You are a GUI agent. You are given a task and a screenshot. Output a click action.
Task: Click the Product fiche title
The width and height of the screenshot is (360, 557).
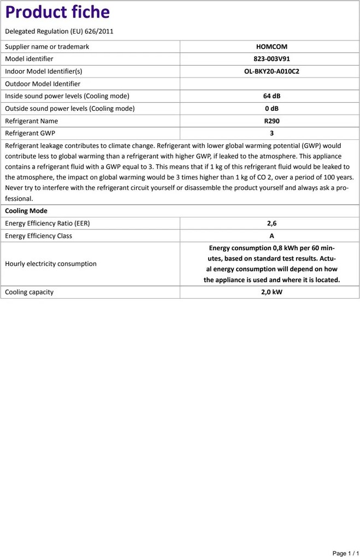pyautogui.click(x=57, y=12)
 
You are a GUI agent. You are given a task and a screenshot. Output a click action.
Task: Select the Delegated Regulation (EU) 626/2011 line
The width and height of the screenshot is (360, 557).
pyautogui.click(x=59, y=32)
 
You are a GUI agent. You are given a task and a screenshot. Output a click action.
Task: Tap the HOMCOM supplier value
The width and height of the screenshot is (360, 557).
pyautogui.click(x=272, y=47)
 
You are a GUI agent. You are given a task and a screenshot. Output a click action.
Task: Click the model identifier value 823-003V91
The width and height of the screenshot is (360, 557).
pyautogui.click(x=272, y=59)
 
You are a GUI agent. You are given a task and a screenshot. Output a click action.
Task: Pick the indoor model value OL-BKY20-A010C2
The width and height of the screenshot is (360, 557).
pyautogui.click(x=272, y=72)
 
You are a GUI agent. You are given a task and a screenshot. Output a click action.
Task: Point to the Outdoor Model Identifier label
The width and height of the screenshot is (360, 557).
pyautogui.click(x=43, y=84)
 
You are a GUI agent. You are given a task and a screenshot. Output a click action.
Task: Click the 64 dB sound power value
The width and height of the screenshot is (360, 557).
pyautogui.click(x=272, y=96)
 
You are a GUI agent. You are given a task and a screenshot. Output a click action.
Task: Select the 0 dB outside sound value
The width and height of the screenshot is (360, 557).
pyautogui.click(x=272, y=109)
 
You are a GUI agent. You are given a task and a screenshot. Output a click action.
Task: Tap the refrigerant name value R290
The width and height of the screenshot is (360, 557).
pyautogui.click(x=272, y=121)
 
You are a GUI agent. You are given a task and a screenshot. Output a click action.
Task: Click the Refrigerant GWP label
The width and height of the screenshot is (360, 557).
pyautogui.click(x=30, y=133)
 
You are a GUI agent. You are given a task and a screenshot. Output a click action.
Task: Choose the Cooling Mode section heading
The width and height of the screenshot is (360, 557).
pyautogui.click(x=26, y=211)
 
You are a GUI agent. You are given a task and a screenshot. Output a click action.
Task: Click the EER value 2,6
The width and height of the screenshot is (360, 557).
pyautogui.click(x=272, y=223)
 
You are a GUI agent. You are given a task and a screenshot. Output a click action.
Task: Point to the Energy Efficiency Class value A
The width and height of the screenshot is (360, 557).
pyautogui.click(x=272, y=236)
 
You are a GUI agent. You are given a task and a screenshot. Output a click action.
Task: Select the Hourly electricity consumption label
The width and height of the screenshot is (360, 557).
pyautogui.click(x=51, y=264)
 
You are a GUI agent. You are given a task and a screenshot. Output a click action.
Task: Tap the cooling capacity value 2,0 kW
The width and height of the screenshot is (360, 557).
pyautogui.click(x=272, y=292)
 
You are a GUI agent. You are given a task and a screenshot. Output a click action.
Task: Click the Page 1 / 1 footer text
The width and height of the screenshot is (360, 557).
pyautogui.click(x=345, y=553)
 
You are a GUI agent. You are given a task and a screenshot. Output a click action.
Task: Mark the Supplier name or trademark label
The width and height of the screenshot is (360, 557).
pyautogui.click(x=47, y=47)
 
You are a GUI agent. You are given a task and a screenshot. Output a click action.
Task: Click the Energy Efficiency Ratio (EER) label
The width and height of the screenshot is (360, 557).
pyautogui.click(x=48, y=223)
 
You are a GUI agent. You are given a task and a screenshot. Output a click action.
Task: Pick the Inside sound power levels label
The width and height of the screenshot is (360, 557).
pyautogui.click(x=67, y=96)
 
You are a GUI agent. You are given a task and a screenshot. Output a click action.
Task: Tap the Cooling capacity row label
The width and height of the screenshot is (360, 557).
pyautogui.click(x=29, y=292)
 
